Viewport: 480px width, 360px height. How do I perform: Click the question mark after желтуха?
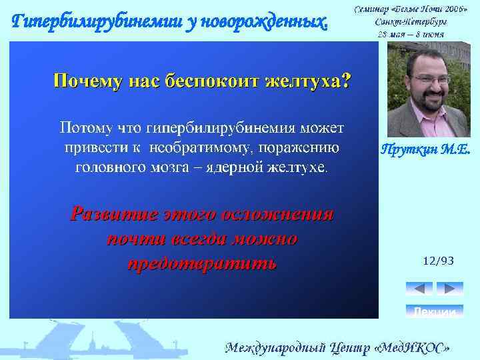[345, 81]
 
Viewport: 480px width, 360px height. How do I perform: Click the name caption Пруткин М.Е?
[426, 151]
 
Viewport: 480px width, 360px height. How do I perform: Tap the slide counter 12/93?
[438, 261]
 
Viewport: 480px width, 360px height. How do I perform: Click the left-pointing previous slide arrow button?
[419, 289]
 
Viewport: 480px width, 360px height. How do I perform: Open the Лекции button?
[434, 311]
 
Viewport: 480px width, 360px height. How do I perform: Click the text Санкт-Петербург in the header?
[411, 21]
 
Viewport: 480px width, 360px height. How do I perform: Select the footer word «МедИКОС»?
[413, 347]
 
